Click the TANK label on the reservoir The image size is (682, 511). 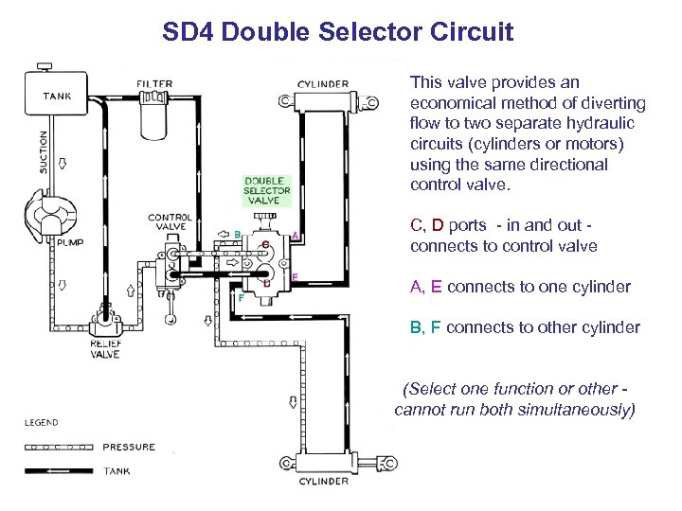(58, 95)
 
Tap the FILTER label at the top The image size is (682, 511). (155, 83)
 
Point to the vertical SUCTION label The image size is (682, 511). (43, 150)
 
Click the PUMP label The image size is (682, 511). (72, 242)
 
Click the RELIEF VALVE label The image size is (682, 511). (105, 349)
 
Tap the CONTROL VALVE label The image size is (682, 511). (170, 222)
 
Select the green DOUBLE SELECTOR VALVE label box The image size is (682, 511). (267, 191)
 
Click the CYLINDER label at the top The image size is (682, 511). (323, 83)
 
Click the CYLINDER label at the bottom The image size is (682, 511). (325, 481)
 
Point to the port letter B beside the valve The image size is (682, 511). (237, 234)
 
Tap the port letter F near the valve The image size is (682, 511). (241, 297)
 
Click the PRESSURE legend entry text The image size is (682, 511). (129, 447)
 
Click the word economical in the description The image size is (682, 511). (448, 103)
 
